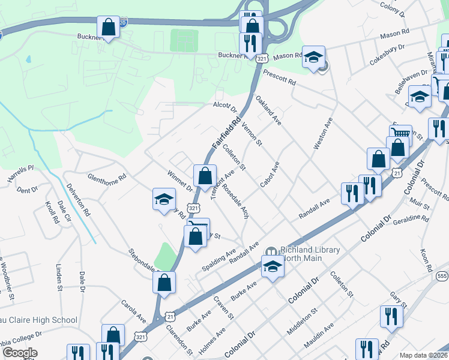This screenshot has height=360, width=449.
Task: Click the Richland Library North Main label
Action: click(310, 254)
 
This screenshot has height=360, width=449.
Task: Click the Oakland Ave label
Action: click(268, 110)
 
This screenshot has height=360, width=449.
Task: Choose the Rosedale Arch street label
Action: click(235, 201)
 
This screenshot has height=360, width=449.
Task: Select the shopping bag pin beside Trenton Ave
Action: click(205, 176)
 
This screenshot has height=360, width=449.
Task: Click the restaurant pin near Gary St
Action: click(391, 316)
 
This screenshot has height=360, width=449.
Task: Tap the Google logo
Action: click(19, 353)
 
